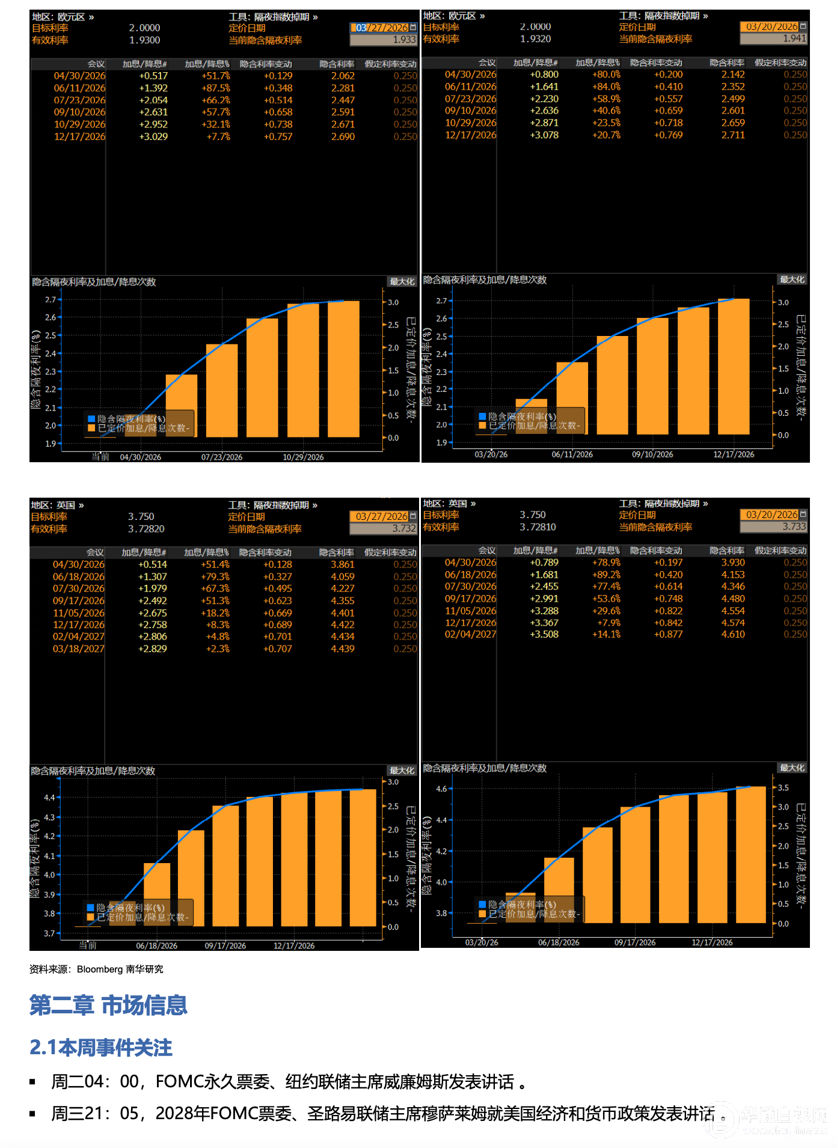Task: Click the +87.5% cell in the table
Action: coord(216,88)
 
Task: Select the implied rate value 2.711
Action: coord(733,135)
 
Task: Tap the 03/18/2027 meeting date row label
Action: coord(78,649)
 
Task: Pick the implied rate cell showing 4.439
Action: coord(342,649)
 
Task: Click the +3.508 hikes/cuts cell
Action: coord(544,634)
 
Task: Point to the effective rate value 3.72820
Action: coord(146,529)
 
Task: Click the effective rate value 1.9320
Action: coord(536,39)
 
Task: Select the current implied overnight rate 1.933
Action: coord(404,40)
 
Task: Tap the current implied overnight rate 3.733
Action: coord(794,527)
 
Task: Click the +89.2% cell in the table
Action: coord(606,575)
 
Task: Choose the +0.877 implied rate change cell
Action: coord(668,634)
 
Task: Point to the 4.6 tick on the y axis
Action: coord(441,789)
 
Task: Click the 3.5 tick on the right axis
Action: coord(783,787)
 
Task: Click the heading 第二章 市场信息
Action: coord(108,1005)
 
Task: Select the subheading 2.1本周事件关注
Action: coord(101,1048)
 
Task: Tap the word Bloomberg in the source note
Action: coord(100,969)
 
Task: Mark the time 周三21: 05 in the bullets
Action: coord(94,1114)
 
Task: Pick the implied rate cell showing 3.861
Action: coord(342,564)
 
